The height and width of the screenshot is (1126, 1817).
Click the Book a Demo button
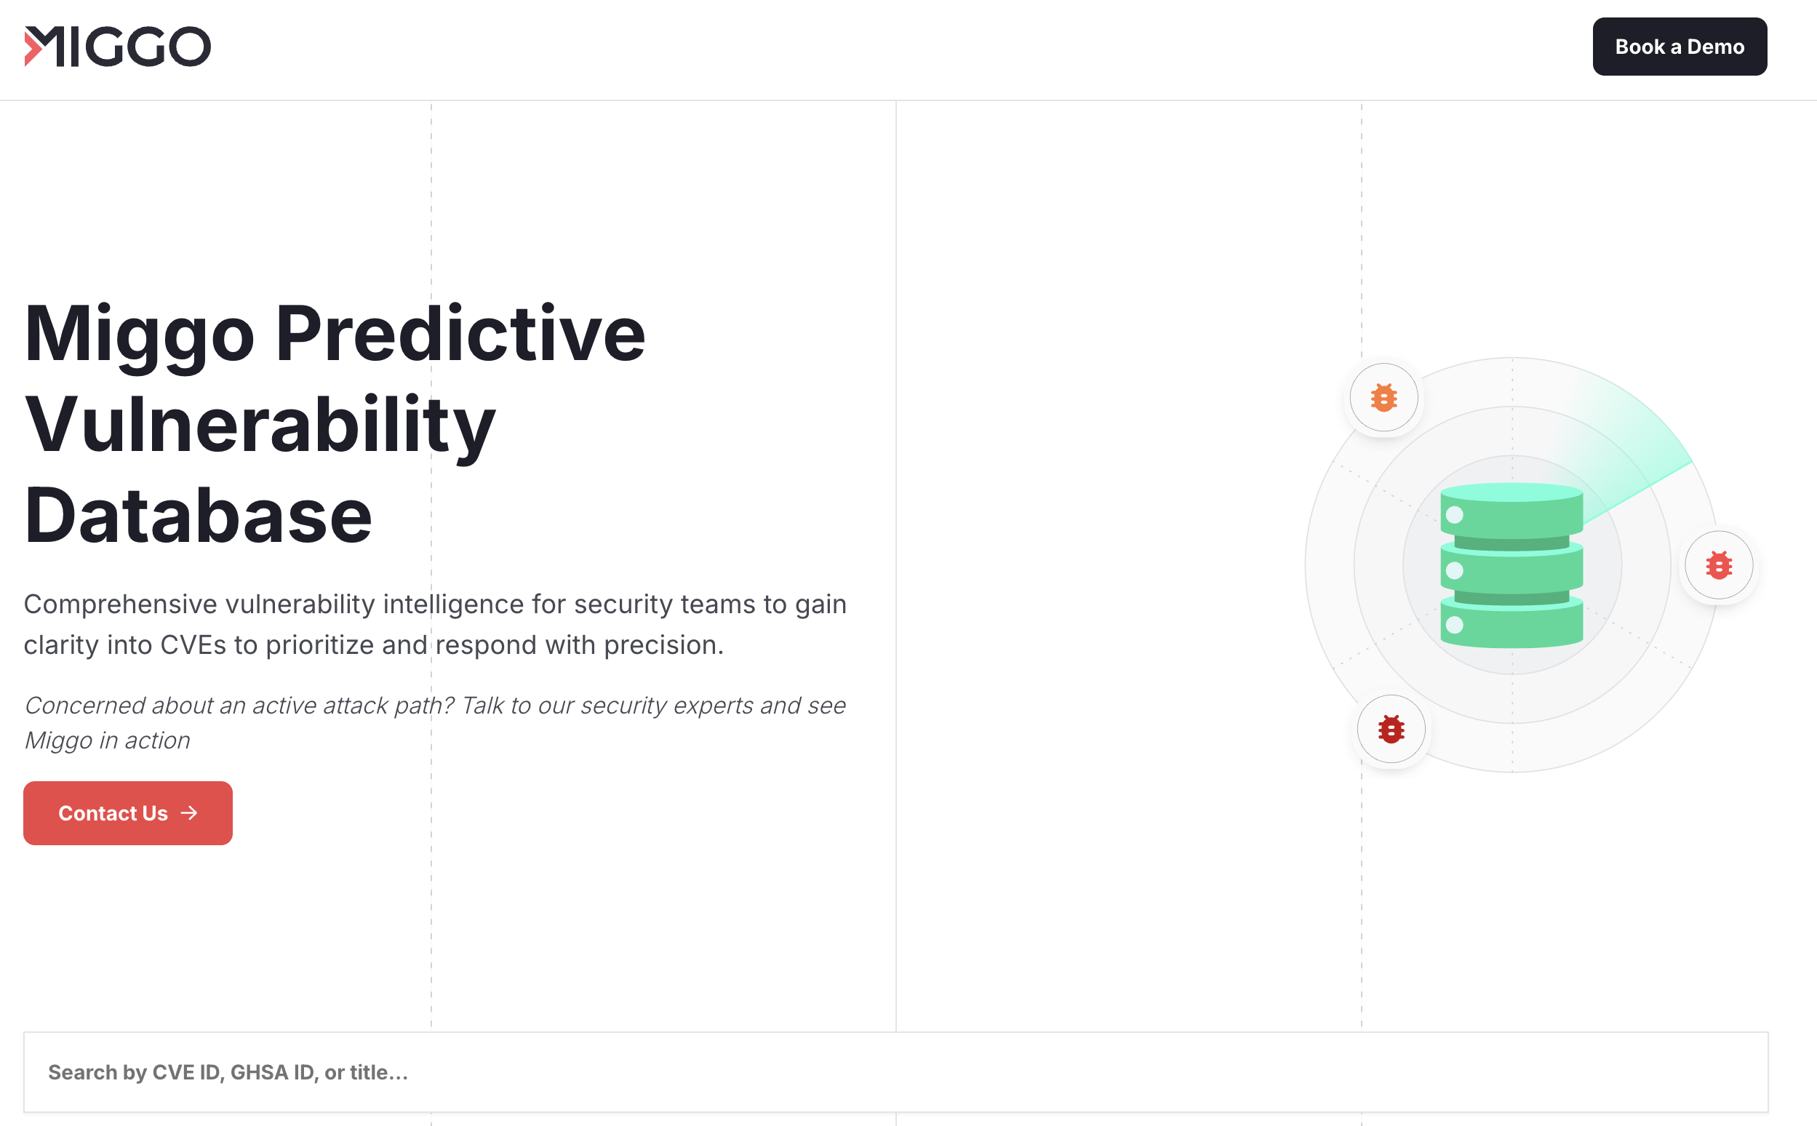[1680, 46]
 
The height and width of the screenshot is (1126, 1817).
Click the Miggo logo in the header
[118, 46]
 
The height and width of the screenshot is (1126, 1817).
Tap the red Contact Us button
[127, 812]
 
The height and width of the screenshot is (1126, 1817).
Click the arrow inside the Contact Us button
[189, 812]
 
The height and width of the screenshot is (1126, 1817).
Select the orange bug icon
[1383, 398]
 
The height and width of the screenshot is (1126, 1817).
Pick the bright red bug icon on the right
[1719, 565]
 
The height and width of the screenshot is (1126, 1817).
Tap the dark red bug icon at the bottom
[1391, 729]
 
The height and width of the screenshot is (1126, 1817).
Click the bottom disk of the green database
[1511, 624]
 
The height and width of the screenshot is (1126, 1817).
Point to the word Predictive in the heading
[460, 335]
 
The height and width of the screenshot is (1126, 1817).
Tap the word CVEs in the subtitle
[193, 645]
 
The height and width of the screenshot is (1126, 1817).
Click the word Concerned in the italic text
[84, 706]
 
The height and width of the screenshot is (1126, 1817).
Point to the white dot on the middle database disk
[1454, 570]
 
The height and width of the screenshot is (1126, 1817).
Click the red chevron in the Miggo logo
[32, 46]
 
